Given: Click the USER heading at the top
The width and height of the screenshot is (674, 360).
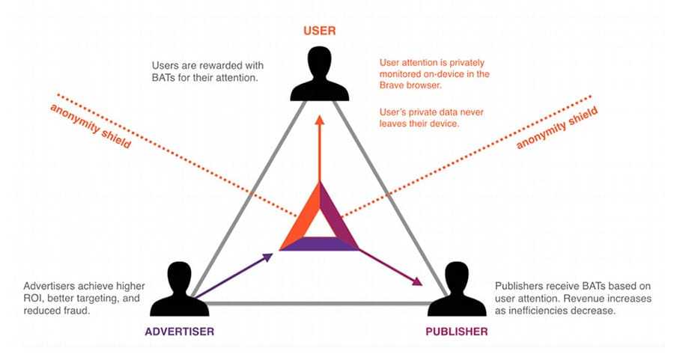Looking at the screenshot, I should pos(319,31).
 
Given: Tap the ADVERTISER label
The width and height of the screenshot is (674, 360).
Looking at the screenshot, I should pos(180,331).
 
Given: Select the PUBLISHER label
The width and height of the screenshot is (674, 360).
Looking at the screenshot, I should pos(458,331).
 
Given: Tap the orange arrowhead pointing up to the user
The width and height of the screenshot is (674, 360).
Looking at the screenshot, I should pos(320,120).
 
